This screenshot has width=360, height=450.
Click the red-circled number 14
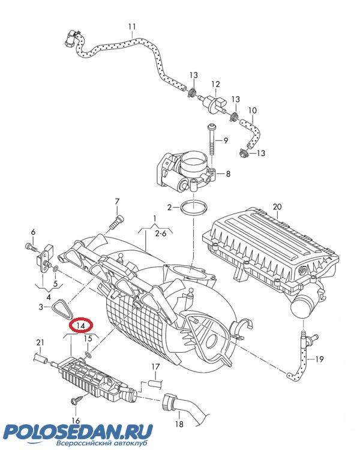81,325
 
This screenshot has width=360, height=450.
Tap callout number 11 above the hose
132,26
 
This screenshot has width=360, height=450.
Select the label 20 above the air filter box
277,206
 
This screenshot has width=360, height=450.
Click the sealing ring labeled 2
194,208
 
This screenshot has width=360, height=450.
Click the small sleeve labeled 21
41,358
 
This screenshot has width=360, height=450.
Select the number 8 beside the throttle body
228,173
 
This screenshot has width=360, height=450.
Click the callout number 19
319,359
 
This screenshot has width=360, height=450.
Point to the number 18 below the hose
179,424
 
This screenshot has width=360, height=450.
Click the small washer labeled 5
56,269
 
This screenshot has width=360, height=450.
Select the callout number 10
253,110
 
